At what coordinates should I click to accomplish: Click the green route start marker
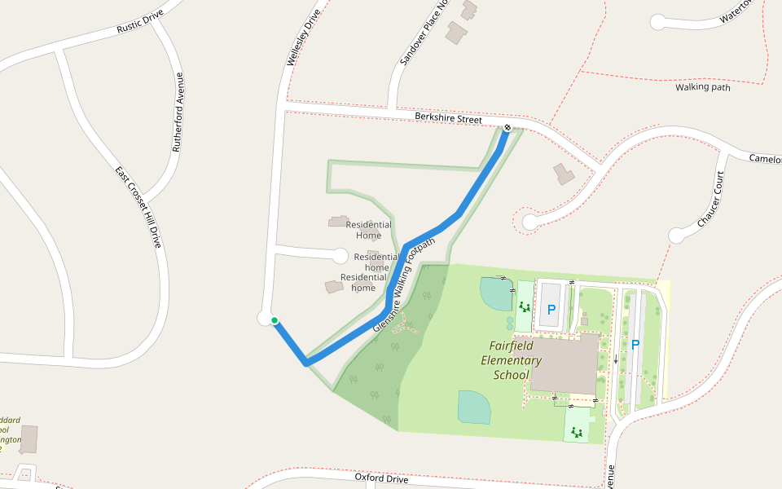(x=275, y=320)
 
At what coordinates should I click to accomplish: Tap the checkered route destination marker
(x=507, y=127)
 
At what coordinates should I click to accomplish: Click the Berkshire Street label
(x=448, y=118)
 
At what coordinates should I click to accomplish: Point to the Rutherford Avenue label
(x=177, y=112)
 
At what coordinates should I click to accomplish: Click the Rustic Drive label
(x=140, y=22)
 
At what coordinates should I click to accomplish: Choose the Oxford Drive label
(x=381, y=478)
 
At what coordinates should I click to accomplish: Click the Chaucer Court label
(x=710, y=200)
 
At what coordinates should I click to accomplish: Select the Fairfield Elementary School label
(x=511, y=360)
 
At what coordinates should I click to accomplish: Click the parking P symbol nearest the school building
(x=551, y=310)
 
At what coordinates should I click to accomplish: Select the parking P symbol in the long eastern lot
(x=635, y=345)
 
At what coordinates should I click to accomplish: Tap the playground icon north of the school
(x=524, y=306)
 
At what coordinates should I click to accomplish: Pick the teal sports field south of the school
(x=475, y=407)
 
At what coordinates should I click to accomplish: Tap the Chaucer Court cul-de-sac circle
(x=676, y=236)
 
